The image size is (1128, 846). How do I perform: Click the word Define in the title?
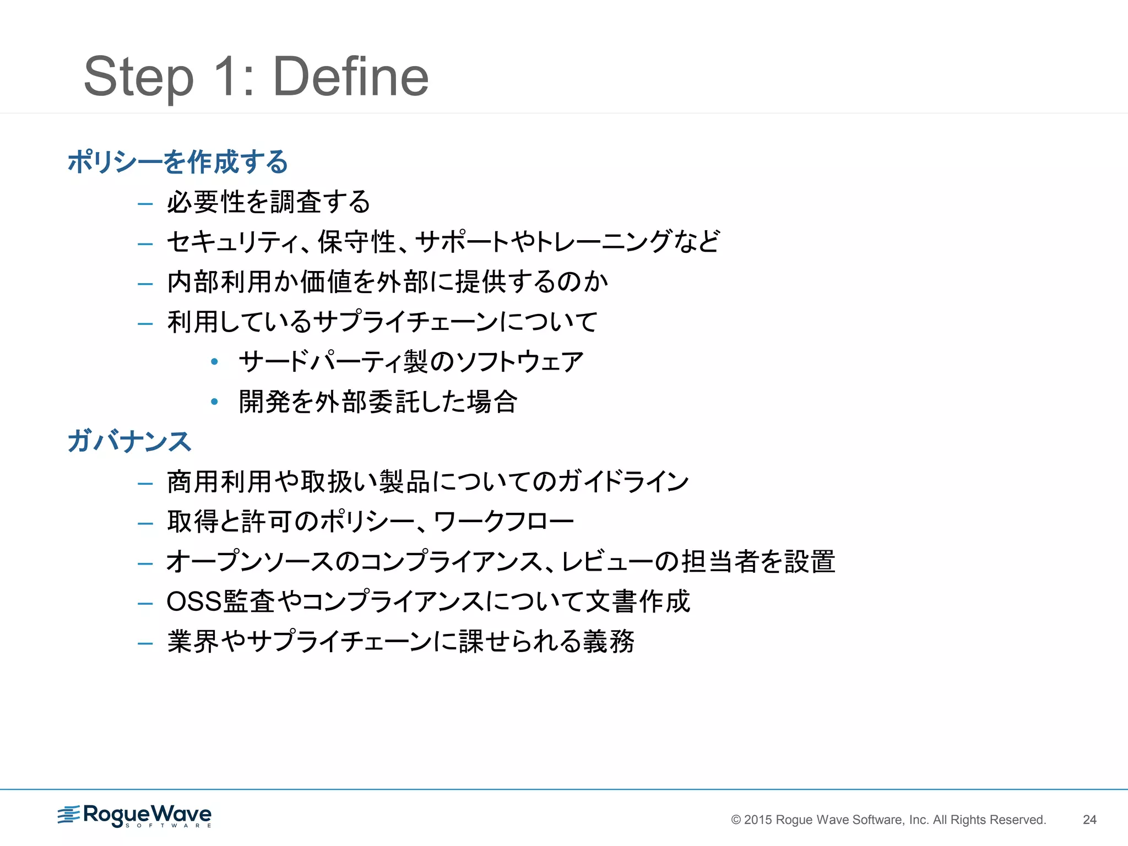[x=351, y=77]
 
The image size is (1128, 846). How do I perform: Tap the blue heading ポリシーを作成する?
[x=178, y=162]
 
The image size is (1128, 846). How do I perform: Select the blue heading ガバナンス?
[x=129, y=442]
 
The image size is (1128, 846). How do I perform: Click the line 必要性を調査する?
[x=269, y=202]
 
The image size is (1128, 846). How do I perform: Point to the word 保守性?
[x=357, y=242]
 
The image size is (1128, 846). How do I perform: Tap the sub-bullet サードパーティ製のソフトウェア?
[x=411, y=362]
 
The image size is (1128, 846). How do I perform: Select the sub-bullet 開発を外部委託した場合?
[x=378, y=402]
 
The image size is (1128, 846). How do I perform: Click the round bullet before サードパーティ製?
[x=215, y=362]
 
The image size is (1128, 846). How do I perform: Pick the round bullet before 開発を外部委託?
[x=215, y=402]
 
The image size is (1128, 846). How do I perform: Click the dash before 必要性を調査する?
[x=145, y=204]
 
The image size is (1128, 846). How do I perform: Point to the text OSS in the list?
[x=194, y=601]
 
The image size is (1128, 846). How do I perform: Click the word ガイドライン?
[x=622, y=482]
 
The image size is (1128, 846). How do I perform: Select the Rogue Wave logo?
[x=134, y=816]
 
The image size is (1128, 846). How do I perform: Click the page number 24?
[x=1089, y=820]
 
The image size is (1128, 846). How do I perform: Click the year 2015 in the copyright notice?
[x=759, y=820]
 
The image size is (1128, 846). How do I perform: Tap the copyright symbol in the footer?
[x=736, y=820]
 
